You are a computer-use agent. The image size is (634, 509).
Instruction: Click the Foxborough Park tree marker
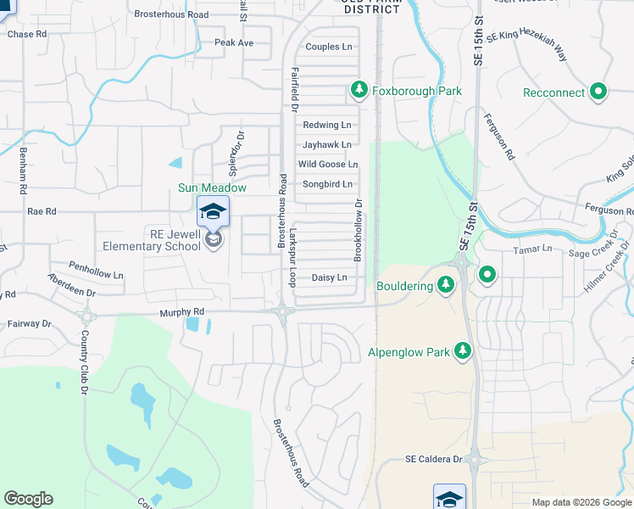click(359, 90)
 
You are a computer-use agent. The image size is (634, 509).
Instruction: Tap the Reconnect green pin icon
click(598, 92)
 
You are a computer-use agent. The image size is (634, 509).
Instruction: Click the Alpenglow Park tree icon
click(462, 350)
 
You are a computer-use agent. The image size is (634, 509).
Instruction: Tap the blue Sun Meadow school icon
click(213, 211)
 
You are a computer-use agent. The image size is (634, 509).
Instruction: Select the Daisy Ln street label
click(330, 277)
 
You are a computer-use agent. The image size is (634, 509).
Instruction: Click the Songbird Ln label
click(327, 184)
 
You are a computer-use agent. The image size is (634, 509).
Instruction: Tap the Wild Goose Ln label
click(327, 164)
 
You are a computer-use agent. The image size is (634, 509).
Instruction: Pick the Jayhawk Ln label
click(327, 145)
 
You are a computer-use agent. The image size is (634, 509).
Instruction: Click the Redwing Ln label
click(327, 125)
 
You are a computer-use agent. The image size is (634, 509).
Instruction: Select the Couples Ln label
click(328, 47)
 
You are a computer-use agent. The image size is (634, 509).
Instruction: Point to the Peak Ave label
click(234, 42)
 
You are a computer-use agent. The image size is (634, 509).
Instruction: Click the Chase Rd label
click(26, 35)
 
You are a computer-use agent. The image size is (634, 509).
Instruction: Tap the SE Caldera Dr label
click(433, 459)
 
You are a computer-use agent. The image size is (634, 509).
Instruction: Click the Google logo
click(29, 499)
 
